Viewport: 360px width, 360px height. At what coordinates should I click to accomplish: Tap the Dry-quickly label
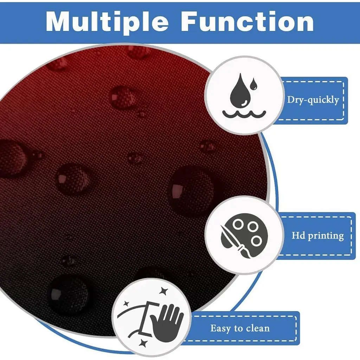(313, 100)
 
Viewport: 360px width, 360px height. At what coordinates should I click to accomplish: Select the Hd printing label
(318, 236)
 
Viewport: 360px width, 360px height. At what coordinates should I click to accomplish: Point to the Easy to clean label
(240, 328)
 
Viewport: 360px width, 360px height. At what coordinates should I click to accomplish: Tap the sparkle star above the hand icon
(164, 291)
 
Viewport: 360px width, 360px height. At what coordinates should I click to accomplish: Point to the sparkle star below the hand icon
(143, 343)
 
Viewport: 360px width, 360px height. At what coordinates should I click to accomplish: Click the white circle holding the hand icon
(152, 318)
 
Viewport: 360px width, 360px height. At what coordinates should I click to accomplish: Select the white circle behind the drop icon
(244, 95)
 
